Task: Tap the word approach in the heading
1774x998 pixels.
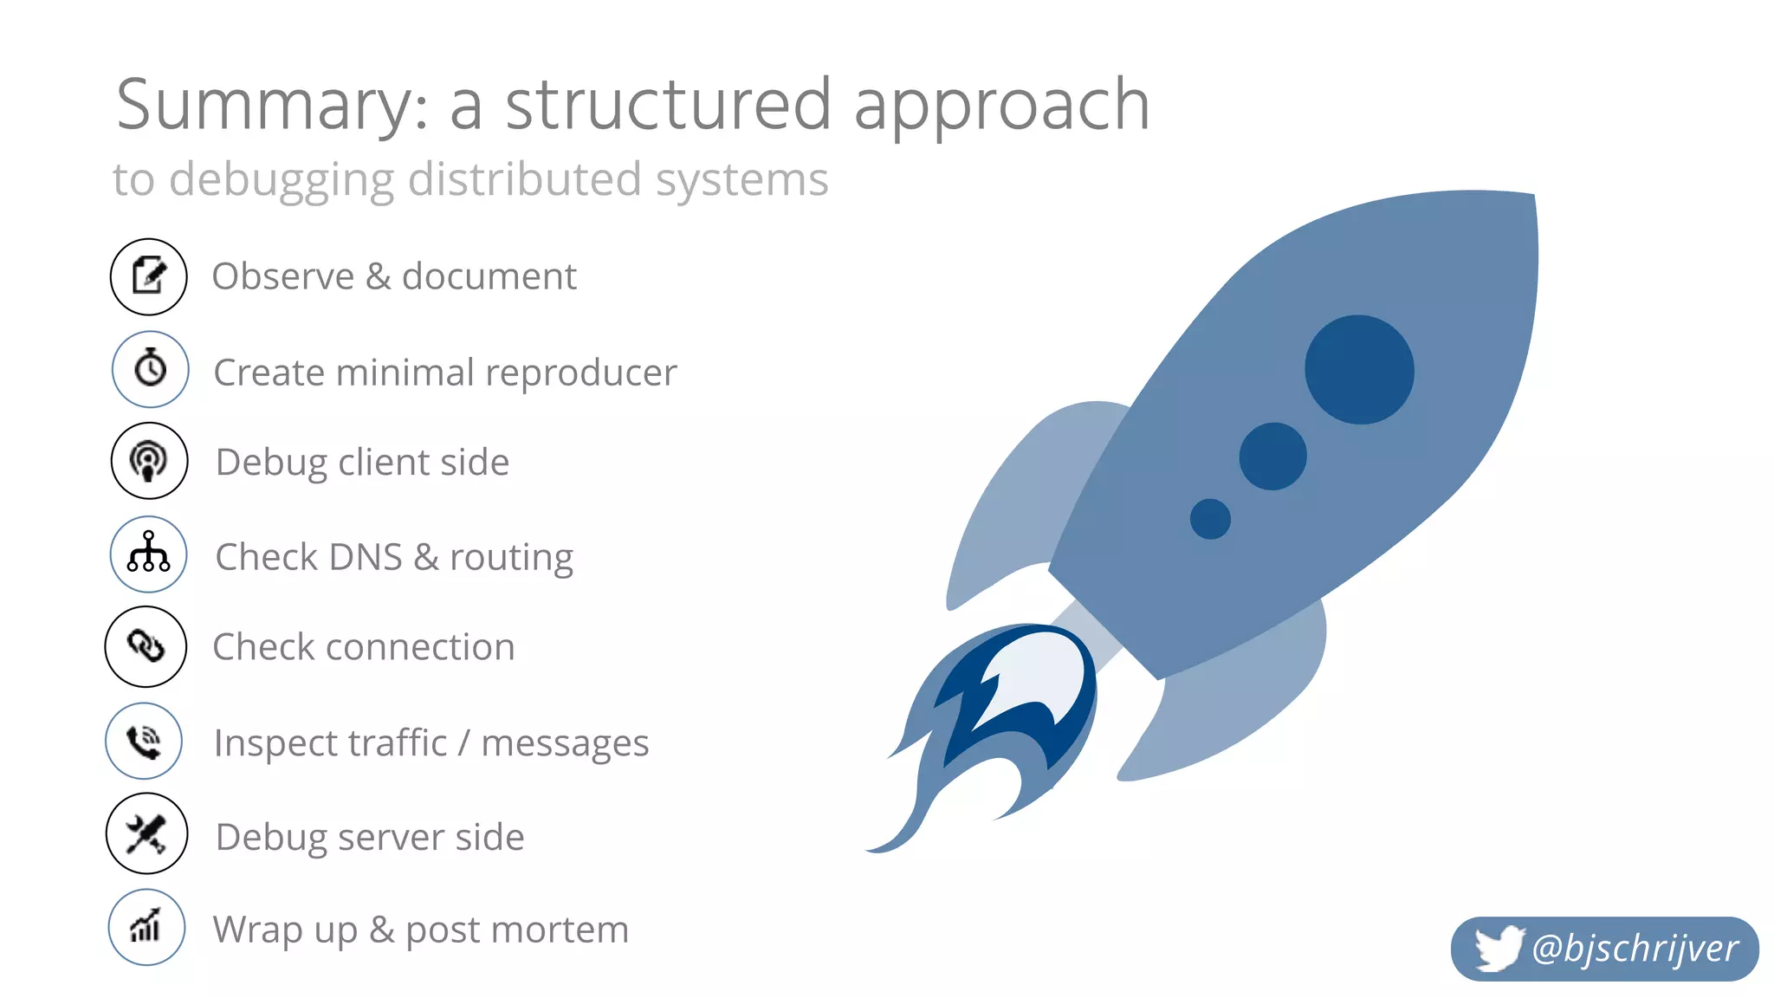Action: [x=1002, y=106]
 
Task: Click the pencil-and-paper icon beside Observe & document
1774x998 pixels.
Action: [x=149, y=276]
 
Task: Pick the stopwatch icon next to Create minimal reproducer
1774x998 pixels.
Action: [x=150, y=369]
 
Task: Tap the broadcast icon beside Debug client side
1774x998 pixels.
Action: [x=149, y=461]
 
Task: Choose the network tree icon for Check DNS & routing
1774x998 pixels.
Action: [x=149, y=554]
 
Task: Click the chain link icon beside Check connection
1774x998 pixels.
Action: [x=146, y=646]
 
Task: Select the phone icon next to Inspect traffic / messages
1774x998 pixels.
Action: [x=144, y=741]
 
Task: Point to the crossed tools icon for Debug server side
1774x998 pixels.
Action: [x=146, y=833]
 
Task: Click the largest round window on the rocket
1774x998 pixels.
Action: [x=1359, y=369]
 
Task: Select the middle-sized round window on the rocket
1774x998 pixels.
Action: [x=1272, y=456]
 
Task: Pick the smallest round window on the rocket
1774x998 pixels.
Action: [x=1210, y=519]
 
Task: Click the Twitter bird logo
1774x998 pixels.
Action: [x=1499, y=948]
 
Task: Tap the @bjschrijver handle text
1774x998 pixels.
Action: [x=1635, y=949]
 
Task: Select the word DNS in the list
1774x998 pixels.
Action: [x=365, y=557]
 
